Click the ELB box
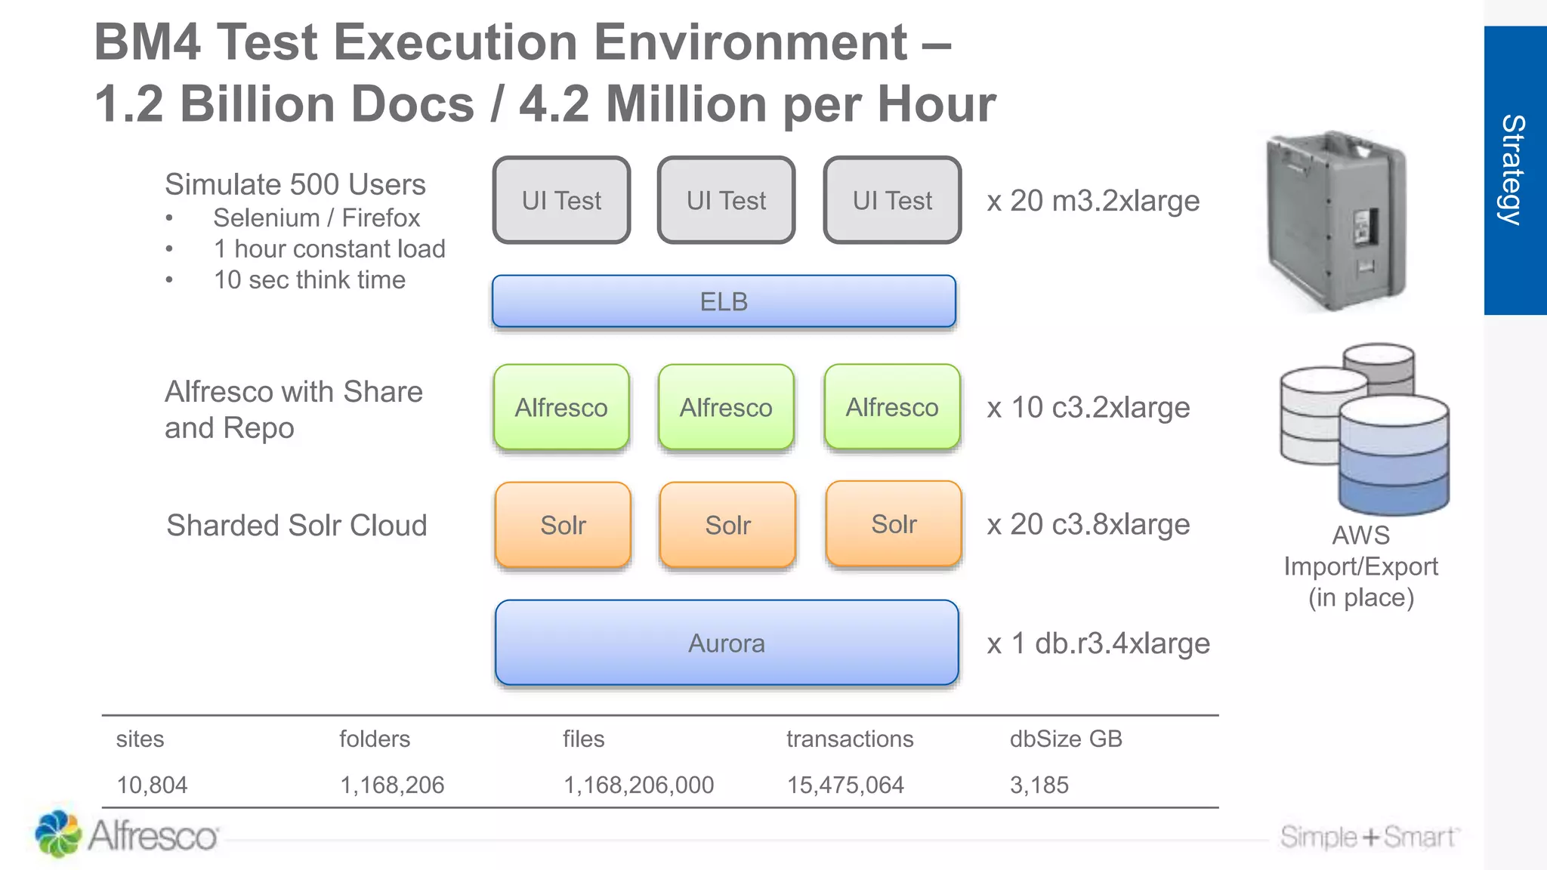pos(724,301)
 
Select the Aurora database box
pos(726,643)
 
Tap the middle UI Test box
pos(726,200)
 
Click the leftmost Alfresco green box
pos(561,407)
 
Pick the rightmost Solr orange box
pos(894,524)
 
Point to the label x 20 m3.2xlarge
pos(1093,201)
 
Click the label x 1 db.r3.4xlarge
pos(1098,643)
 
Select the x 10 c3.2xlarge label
pos(1088,408)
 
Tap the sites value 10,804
pos(152,785)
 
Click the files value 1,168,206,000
pos(638,785)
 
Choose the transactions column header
pos(850,739)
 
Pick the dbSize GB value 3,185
pos(1039,785)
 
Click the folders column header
pos(375,739)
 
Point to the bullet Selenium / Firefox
pos(317,217)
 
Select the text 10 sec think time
pos(310,280)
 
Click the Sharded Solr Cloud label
pos(297,526)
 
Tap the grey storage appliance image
pos(1336,221)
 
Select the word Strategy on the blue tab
pos(1513,170)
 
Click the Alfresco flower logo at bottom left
pos(58,834)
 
